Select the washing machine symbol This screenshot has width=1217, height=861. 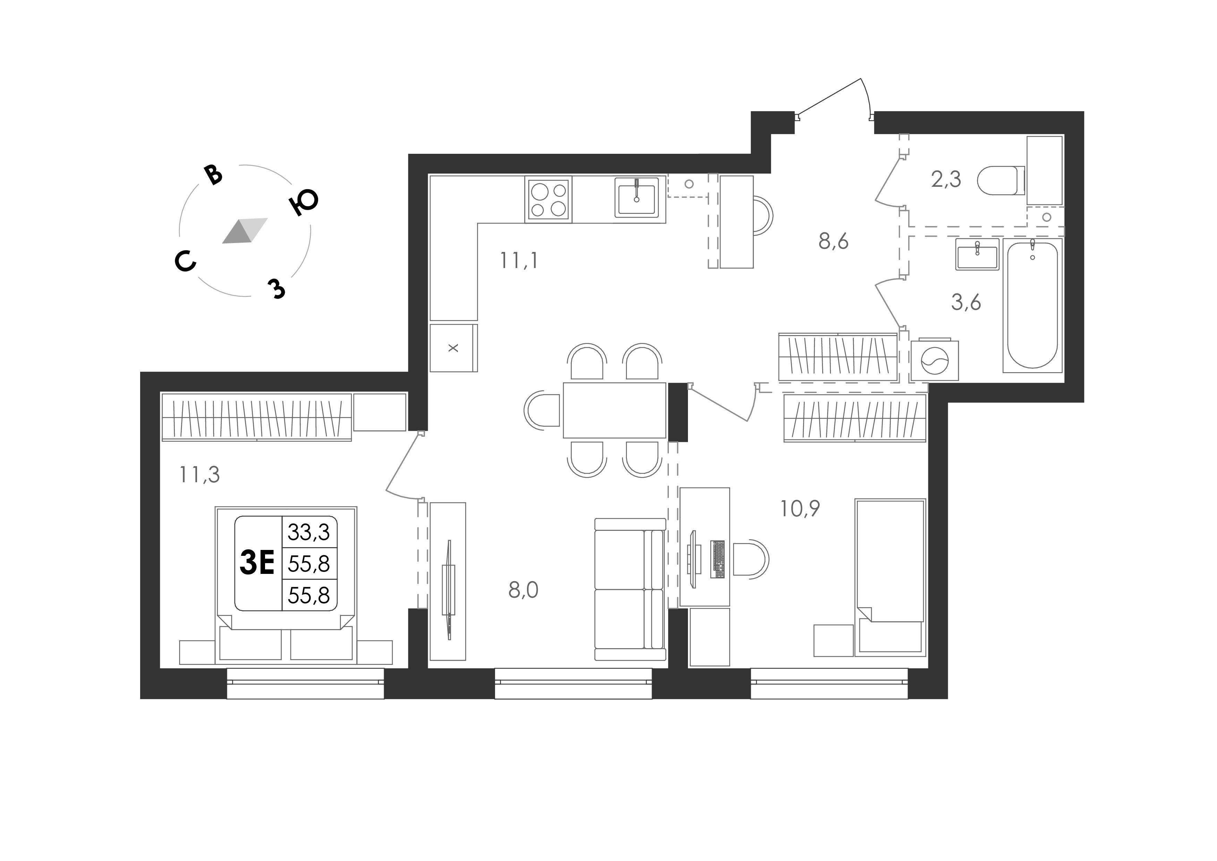[935, 360]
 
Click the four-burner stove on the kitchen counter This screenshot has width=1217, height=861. [548, 200]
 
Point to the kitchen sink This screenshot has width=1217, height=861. [637, 197]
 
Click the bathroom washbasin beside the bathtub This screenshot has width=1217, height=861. [977, 254]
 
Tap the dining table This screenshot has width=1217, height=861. [614, 410]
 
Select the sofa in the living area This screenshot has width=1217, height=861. [630, 590]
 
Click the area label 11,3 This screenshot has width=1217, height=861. [199, 475]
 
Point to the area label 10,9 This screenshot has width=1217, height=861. [800, 508]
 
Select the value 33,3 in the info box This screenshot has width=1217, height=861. [308, 532]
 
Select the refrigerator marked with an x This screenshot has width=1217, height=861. [453, 348]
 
